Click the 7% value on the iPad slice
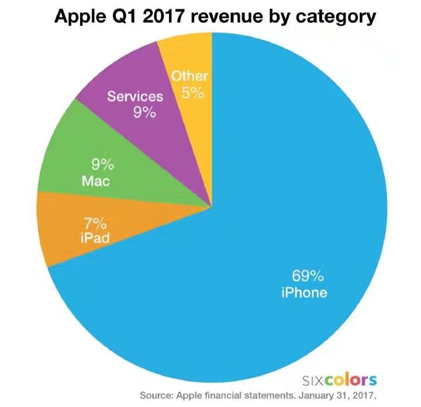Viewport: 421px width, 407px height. (95, 223)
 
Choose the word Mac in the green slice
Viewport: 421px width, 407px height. (96, 181)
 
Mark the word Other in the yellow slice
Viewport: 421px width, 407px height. (189, 77)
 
